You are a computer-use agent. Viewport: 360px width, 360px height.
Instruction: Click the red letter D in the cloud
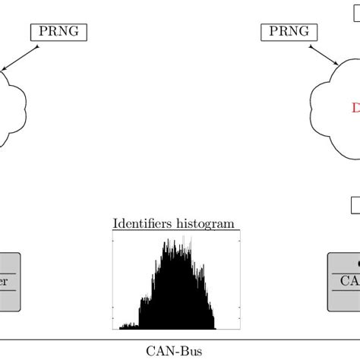(355, 109)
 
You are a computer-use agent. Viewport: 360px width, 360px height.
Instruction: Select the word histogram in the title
(205, 223)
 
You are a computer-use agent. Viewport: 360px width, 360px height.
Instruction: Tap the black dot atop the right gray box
(356, 263)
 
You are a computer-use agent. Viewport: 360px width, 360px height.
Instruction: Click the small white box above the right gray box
(355, 205)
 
